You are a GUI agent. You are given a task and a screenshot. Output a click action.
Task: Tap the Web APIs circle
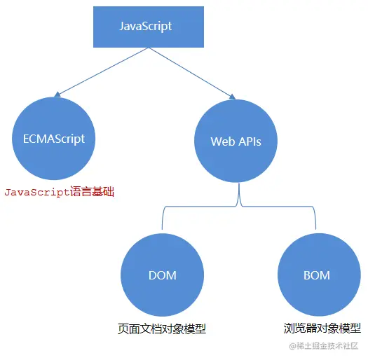click(236, 141)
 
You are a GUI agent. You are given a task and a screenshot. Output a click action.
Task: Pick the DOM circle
click(163, 275)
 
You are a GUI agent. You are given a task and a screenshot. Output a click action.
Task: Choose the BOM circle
click(317, 275)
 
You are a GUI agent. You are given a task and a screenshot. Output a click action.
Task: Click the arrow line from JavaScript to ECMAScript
click(102, 71)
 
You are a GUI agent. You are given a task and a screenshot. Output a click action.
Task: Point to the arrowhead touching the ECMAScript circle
click(58, 95)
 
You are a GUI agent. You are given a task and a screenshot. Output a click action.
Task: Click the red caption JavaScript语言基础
click(59, 191)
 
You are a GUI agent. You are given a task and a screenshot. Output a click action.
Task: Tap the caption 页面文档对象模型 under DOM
click(162, 328)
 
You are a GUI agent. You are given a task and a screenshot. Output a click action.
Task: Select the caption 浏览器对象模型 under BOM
click(322, 328)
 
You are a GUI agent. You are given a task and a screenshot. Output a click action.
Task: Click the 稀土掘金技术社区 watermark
click(324, 346)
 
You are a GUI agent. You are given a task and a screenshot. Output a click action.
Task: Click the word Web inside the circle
click(222, 141)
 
